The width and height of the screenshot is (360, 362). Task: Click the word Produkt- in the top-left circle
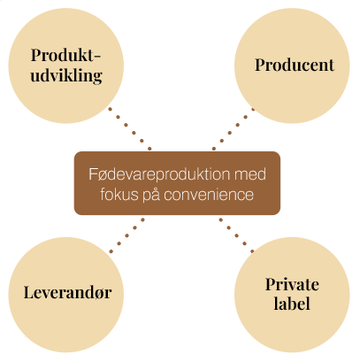65,55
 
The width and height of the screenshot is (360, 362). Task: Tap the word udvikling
66,76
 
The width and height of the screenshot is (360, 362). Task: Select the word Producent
295,65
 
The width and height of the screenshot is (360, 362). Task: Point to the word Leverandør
67,292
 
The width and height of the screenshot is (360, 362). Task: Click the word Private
292,284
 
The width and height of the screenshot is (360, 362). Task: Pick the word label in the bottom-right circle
292,304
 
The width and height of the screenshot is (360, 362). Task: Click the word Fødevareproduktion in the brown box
160,174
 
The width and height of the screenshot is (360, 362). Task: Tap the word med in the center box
250,174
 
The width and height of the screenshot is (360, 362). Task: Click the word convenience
209,195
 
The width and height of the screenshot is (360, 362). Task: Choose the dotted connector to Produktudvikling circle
130,129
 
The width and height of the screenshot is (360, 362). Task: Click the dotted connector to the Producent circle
234,129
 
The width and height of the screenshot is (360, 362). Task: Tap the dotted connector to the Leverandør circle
126,235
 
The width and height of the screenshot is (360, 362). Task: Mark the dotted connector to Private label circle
236,235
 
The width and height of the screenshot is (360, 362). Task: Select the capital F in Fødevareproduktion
93,174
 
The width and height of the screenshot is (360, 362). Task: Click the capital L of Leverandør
29,292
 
